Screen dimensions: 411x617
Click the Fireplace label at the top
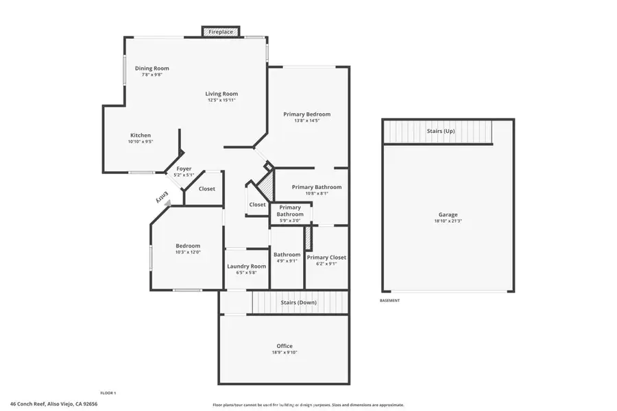click(x=221, y=32)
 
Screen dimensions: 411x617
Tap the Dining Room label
click(x=152, y=68)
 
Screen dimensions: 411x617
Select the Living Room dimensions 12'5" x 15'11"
click(x=222, y=101)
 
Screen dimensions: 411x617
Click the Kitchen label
click(x=141, y=135)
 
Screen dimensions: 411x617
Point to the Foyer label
click(x=184, y=169)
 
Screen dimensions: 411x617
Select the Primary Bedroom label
click(x=307, y=114)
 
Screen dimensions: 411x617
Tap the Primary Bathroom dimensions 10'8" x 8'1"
click(x=316, y=193)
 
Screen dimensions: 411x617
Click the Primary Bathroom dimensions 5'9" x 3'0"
click(x=290, y=221)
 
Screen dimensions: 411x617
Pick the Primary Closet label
click(x=326, y=258)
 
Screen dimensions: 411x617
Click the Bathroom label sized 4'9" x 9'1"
click(x=287, y=255)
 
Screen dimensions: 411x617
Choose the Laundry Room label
click(x=246, y=266)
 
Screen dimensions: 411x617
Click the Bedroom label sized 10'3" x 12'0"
click(x=188, y=246)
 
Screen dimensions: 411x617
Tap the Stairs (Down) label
click(x=298, y=302)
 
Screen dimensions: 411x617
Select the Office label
click(x=285, y=346)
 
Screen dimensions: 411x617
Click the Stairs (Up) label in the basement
click(x=440, y=131)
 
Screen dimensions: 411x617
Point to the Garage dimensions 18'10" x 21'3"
click(x=448, y=221)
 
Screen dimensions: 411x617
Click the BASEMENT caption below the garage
click(x=389, y=301)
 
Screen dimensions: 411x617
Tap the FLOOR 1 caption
click(x=108, y=393)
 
